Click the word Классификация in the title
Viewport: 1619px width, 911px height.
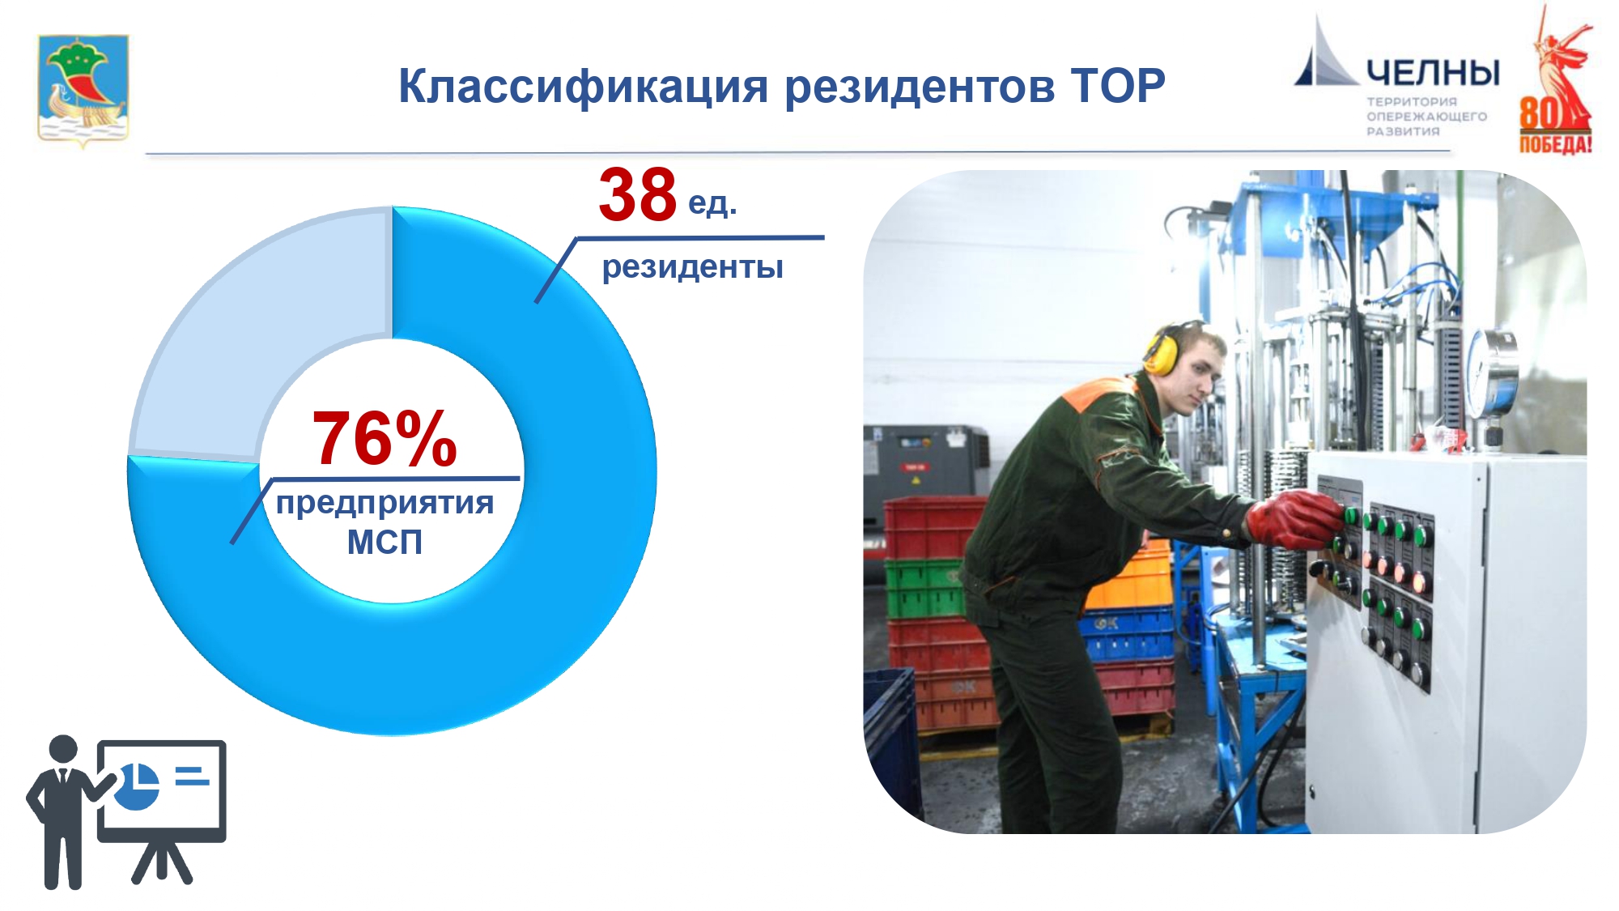tap(583, 87)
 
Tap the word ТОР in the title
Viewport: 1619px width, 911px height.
tap(1118, 85)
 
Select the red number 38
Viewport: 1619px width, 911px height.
tap(638, 194)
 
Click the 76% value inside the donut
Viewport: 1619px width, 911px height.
tap(385, 438)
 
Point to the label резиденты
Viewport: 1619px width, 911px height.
tap(693, 267)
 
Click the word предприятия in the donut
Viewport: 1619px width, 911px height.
tap(385, 504)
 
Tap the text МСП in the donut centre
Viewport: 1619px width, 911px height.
tap(385, 542)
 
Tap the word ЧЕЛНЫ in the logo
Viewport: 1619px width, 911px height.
tap(1433, 73)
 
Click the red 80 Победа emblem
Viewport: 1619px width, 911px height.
tap(1555, 81)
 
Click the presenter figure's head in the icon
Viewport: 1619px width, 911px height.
tap(63, 748)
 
